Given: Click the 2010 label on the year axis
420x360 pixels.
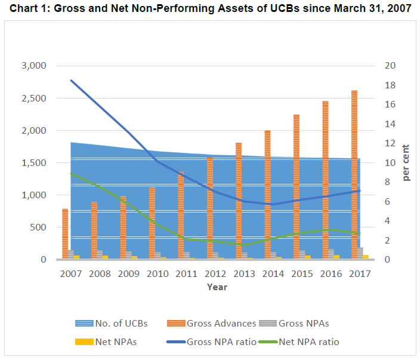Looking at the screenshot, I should click(x=157, y=273).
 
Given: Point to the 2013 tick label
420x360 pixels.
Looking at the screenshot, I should click(x=243, y=273).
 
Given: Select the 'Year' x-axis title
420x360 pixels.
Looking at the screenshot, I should click(x=217, y=287).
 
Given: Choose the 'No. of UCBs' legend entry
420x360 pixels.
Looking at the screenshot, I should click(x=120, y=324).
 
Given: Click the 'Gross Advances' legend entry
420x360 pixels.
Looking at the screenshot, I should click(x=221, y=324).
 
